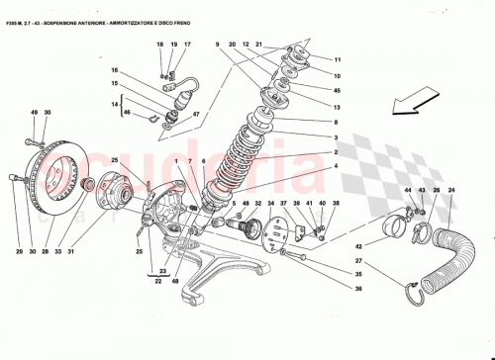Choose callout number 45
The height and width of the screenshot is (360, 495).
(337, 91)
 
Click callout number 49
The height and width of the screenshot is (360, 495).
(33, 114)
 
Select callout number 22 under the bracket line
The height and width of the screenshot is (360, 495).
(156, 281)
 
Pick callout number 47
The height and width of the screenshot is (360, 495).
(196, 115)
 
